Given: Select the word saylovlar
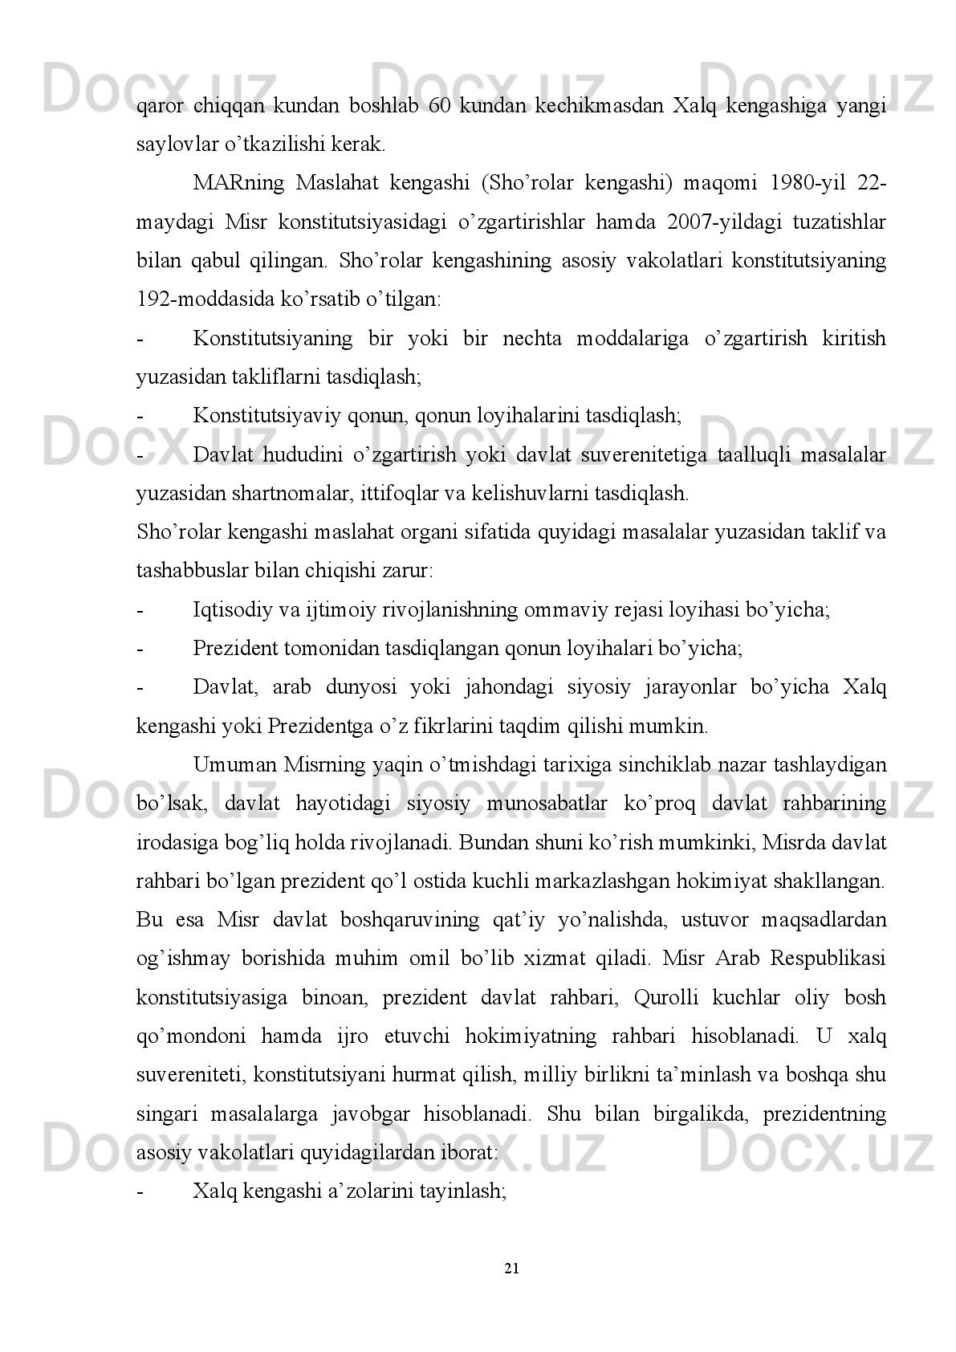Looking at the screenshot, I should pos(171,145).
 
